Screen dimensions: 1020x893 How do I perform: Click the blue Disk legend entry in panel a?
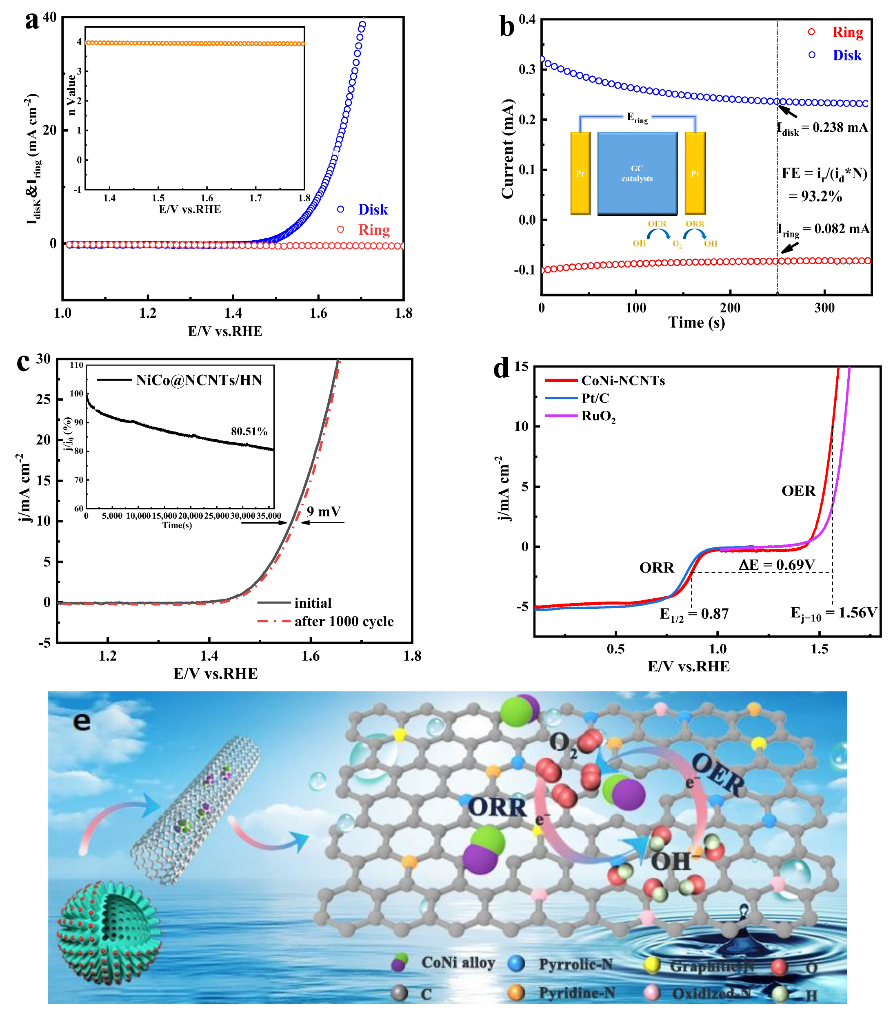pos(372,210)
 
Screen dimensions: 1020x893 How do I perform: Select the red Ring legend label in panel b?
pos(847,32)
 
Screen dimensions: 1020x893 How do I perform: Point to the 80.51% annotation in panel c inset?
pos(249,431)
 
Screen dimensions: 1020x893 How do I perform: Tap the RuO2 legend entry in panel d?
pos(598,416)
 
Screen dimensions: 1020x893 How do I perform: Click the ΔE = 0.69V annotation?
pos(776,565)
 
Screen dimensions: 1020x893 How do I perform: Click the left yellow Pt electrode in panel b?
pos(580,173)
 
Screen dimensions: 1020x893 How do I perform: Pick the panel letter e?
pos(82,721)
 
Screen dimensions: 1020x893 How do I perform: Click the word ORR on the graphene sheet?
pos(497,808)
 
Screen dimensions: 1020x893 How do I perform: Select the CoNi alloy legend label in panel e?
pos(458,963)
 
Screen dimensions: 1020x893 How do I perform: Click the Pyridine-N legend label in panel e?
pos(577,993)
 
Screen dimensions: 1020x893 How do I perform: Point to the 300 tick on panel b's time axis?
pos(824,308)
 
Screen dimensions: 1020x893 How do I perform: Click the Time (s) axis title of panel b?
pos(696,323)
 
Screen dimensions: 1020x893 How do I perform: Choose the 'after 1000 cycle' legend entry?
pos(343,622)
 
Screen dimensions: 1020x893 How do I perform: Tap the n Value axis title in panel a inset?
pos(71,95)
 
